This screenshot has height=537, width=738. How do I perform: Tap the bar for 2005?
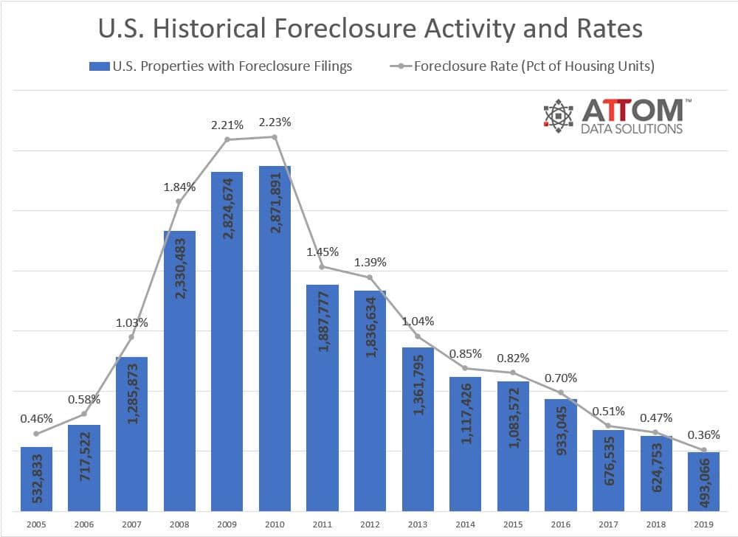coord(36,479)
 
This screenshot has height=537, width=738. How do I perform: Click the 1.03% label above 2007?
coord(131,322)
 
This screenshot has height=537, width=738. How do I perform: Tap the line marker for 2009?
coord(227,139)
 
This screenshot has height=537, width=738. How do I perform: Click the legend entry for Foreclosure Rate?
coord(533,66)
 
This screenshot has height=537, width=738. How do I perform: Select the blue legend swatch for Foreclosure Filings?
coord(98,66)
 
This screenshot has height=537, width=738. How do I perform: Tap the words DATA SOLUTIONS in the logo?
coord(632,128)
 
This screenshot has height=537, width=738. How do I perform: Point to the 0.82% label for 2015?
coord(512,358)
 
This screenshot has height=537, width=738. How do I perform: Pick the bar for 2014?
coord(465,443)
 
